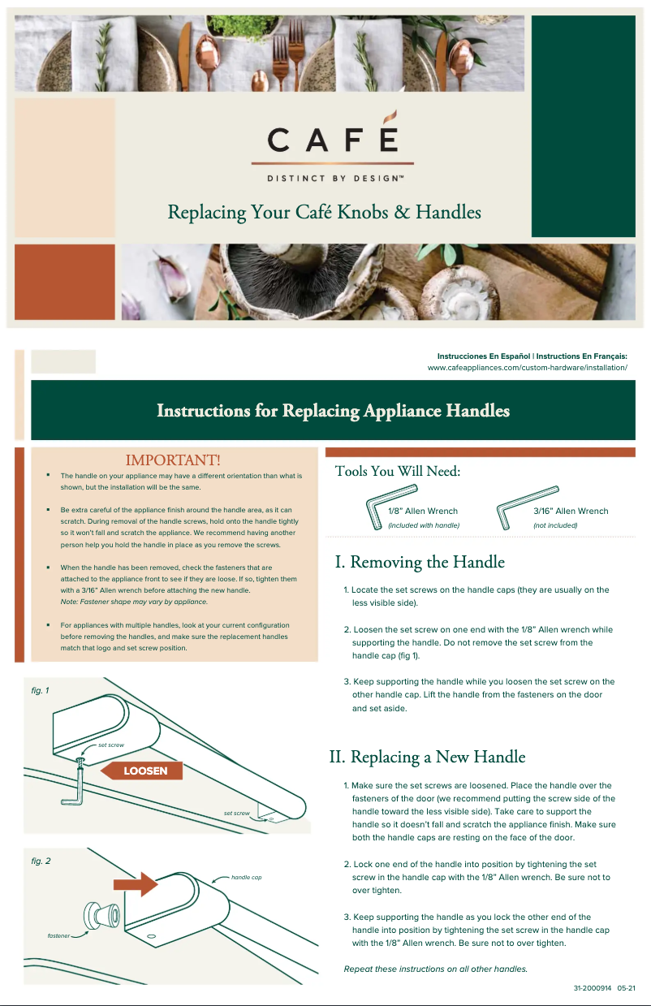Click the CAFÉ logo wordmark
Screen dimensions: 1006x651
333,140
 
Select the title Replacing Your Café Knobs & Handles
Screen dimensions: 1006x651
324,213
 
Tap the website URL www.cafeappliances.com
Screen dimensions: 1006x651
528,368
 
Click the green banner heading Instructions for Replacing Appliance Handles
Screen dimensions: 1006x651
333,411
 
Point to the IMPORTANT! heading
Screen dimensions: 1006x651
173,461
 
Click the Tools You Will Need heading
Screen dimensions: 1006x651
398,472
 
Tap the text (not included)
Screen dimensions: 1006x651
555,525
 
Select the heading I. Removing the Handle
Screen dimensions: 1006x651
420,562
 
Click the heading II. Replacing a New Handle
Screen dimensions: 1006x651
427,758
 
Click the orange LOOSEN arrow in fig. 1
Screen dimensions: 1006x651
141,771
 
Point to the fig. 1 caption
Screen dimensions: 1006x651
41,690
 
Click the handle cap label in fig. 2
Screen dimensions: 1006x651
246,878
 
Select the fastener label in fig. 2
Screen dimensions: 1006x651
58,936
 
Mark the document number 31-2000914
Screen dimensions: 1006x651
592,989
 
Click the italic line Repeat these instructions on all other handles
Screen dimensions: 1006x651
436,969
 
